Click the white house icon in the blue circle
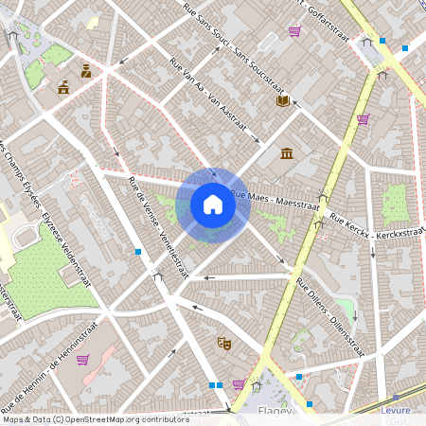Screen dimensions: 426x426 (x=213, y=204)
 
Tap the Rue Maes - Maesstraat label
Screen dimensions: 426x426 (x=275, y=198)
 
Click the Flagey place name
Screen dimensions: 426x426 (x=274, y=412)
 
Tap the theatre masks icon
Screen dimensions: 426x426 (x=224, y=343)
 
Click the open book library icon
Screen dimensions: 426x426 (x=282, y=100)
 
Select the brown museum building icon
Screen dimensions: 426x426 (x=287, y=152)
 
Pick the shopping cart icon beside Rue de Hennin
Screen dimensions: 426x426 (x=83, y=360)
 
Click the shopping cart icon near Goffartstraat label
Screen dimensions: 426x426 (x=294, y=31)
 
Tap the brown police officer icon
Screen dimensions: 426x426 (x=85, y=70)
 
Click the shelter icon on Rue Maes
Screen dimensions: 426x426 (x=323, y=200)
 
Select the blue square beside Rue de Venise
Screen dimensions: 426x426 (x=139, y=252)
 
